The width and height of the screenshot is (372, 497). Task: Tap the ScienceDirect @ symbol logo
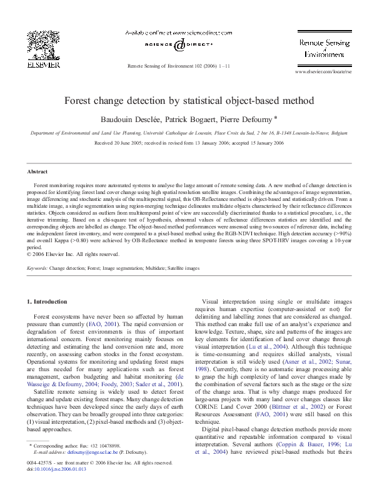179,45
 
